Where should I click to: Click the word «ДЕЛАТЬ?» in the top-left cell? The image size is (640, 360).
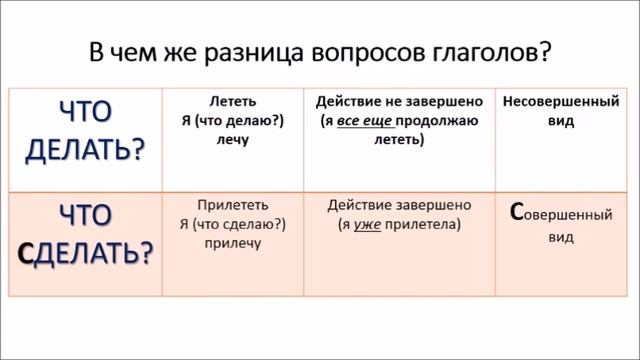coord(84,148)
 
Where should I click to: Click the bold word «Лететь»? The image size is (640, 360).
coord(234,102)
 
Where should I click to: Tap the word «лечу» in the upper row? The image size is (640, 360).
coord(232,141)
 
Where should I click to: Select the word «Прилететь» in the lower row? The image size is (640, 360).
coord(233,204)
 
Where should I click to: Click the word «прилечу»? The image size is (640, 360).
coord(234,243)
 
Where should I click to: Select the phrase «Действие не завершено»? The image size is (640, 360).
coord(399,102)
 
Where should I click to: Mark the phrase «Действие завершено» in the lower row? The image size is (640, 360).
coord(399,204)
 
